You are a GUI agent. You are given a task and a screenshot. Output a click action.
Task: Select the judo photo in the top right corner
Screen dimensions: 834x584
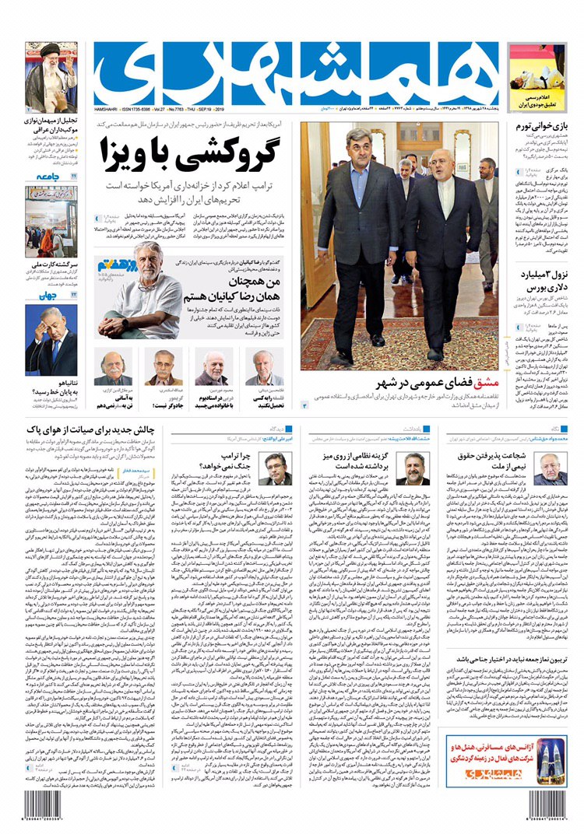coord(538,68)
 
